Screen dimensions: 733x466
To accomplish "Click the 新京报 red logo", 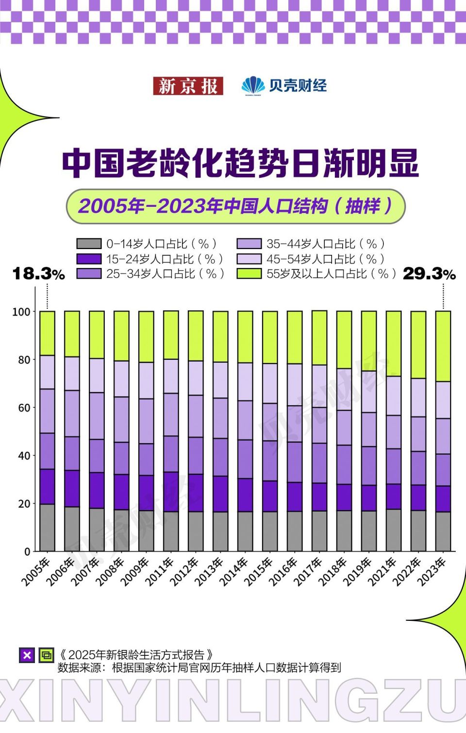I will click(x=188, y=86).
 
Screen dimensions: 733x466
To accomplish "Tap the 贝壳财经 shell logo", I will click(x=284, y=86).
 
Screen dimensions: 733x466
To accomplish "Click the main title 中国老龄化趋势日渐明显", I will click(x=240, y=163).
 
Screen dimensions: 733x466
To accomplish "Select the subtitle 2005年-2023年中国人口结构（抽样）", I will click(x=235, y=206).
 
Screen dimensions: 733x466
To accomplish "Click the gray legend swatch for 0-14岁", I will click(x=89, y=244).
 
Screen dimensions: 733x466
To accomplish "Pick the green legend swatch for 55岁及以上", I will click(x=249, y=274).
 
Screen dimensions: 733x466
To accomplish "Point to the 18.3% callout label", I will click(x=38, y=274).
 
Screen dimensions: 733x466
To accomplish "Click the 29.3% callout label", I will click(x=429, y=274).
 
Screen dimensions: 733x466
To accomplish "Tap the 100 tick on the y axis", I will click(x=21, y=312).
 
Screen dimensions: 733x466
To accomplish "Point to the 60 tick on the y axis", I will click(x=24, y=408).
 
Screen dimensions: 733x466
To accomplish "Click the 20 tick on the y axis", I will click(x=24, y=504).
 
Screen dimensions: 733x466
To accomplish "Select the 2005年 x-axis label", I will click(x=36, y=571).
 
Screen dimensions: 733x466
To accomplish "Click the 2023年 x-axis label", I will click(x=432, y=571).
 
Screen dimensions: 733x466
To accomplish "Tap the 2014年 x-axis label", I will click(x=233, y=571).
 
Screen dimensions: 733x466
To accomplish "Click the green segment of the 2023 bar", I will click(x=443, y=346).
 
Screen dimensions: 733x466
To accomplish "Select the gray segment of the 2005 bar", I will click(x=47, y=528).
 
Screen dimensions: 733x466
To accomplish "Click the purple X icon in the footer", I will click(x=27, y=655).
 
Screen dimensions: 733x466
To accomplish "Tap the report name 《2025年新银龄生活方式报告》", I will click(x=136, y=655).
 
